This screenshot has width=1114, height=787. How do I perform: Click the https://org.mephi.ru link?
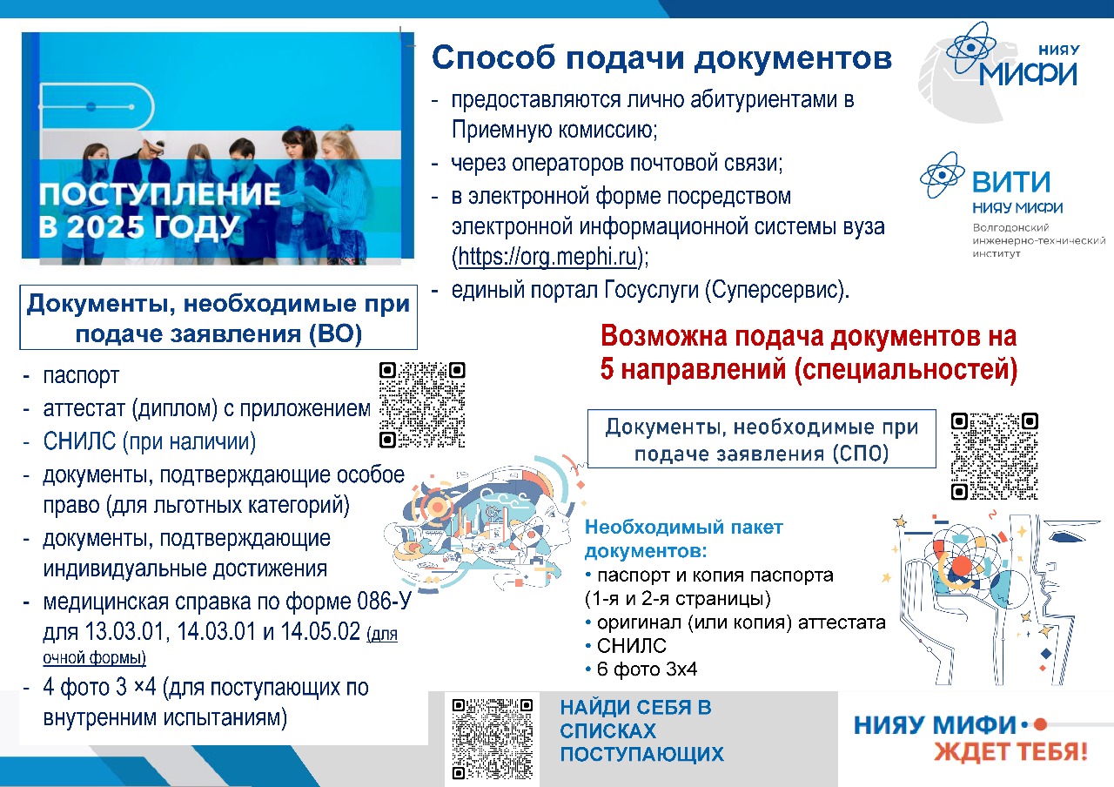click(x=547, y=257)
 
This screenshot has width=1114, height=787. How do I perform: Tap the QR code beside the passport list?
click(x=422, y=405)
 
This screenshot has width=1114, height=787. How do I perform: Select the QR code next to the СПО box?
click(x=995, y=456)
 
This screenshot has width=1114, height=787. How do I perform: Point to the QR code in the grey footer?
click(x=493, y=739)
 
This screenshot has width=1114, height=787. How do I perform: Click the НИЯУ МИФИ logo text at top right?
click(x=1029, y=68)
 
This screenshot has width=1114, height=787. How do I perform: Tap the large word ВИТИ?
click(x=1011, y=182)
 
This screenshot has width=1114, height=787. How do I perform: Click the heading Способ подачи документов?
click(x=662, y=58)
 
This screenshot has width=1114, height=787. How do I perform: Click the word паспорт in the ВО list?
click(x=81, y=375)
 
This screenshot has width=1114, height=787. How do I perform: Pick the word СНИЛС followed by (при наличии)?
click(x=79, y=441)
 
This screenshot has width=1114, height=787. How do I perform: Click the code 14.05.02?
click(x=320, y=632)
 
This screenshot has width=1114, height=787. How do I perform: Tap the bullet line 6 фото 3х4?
click(x=641, y=669)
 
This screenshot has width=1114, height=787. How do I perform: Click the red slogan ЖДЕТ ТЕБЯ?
click(x=1010, y=751)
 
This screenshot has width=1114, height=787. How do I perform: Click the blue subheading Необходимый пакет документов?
click(x=684, y=539)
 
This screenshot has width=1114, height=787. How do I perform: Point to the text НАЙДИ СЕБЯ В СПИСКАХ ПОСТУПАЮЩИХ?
click(x=642, y=730)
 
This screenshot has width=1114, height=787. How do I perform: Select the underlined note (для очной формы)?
click(x=220, y=646)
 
